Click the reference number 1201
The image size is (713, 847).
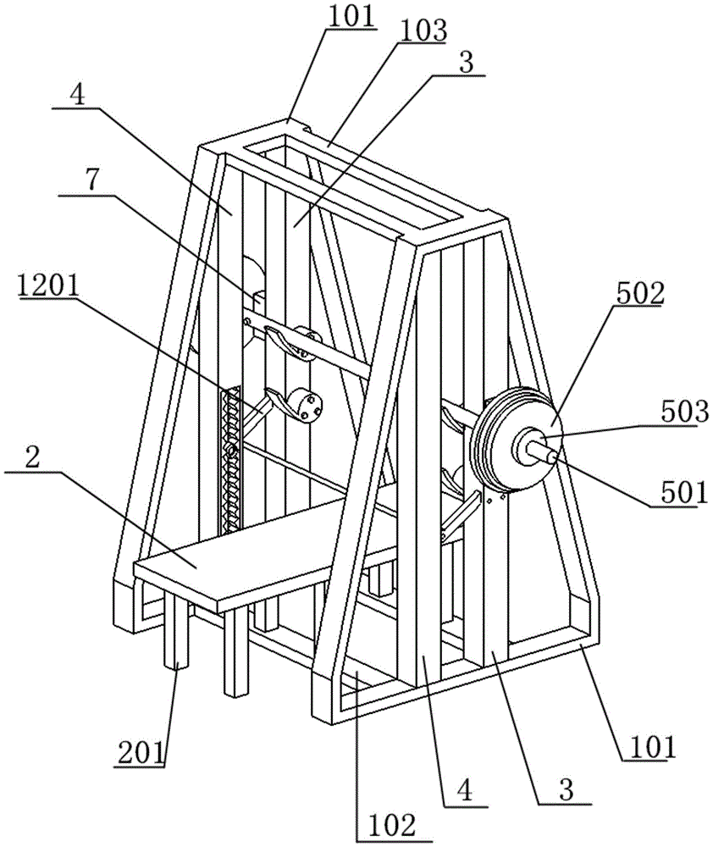[x=47, y=286]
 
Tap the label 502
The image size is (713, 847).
[x=638, y=295]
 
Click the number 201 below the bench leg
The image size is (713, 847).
[x=140, y=754]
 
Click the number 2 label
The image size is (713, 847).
[x=32, y=458]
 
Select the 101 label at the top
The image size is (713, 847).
[x=352, y=17]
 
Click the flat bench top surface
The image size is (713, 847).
[x=270, y=545]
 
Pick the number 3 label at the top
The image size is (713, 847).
[x=466, y=63]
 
